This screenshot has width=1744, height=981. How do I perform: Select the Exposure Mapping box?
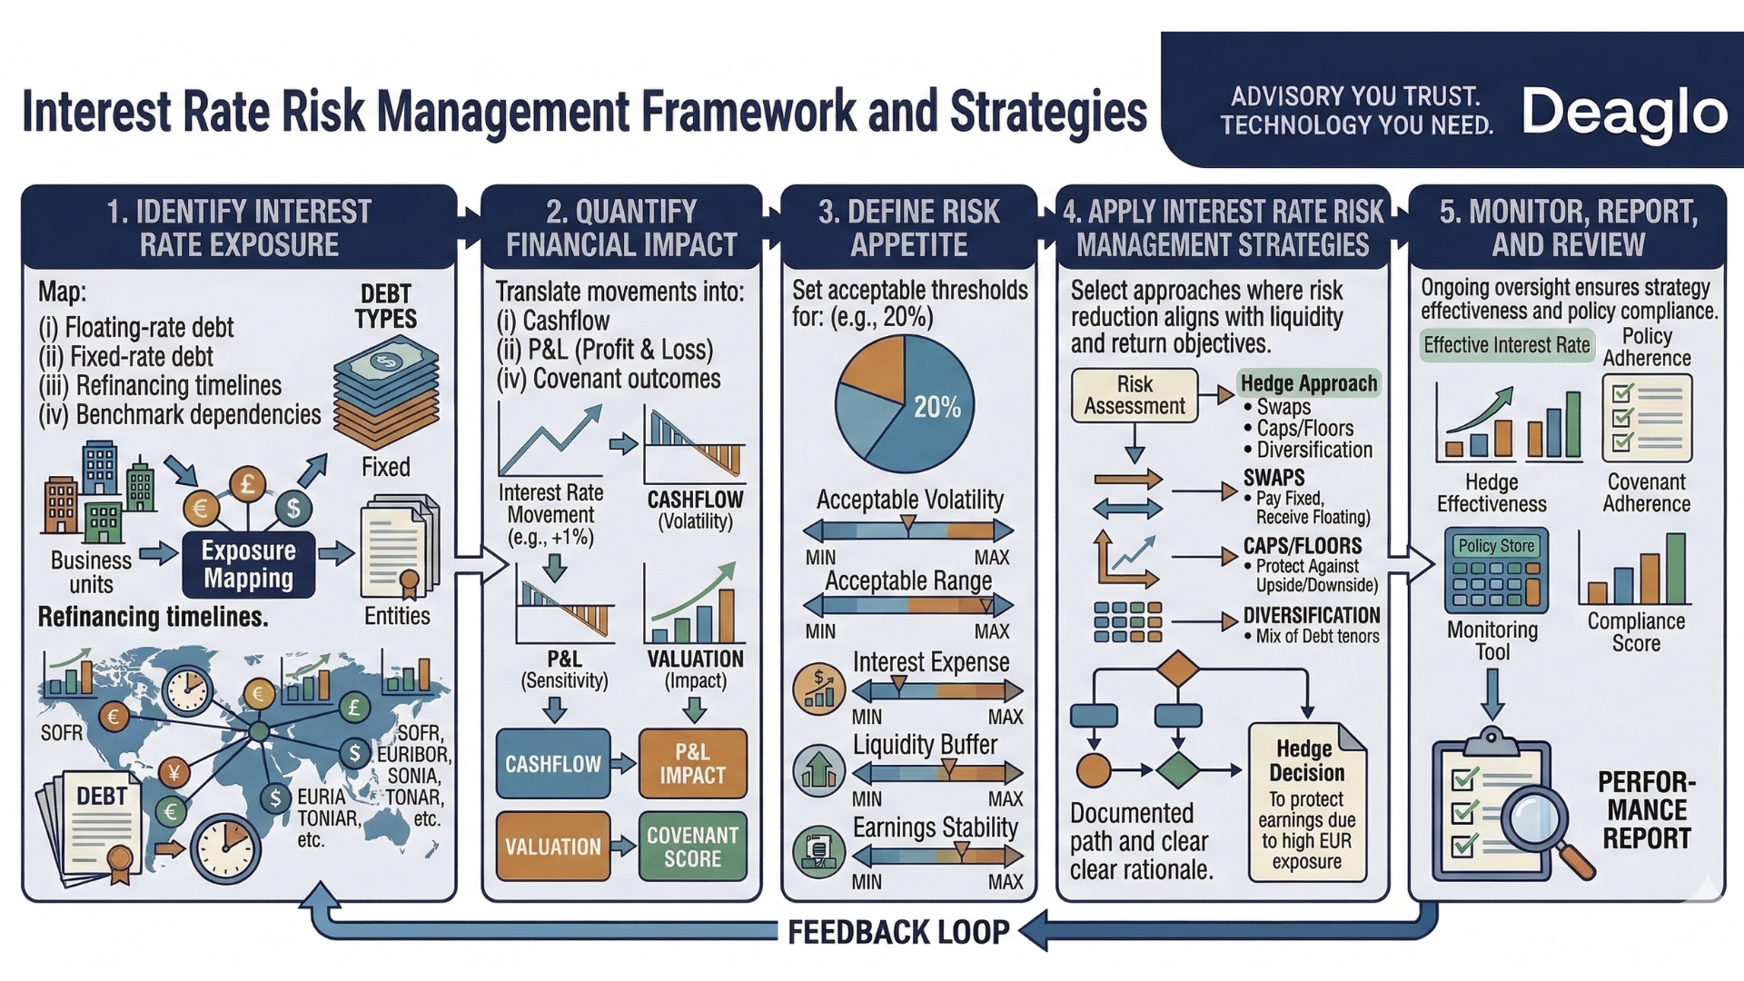[248, 564]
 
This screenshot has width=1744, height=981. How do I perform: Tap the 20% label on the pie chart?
[936, 407]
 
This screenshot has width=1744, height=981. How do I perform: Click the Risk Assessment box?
[1134, 395]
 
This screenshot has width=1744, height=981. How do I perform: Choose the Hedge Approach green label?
[1308, 383]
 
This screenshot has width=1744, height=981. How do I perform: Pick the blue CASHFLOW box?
[552, 764]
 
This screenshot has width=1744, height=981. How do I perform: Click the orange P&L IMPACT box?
[692, 764]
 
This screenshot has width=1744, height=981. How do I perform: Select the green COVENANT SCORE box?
[692, 847]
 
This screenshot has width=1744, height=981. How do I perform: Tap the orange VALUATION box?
[552, 847]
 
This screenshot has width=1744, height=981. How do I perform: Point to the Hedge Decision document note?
[1307, 803]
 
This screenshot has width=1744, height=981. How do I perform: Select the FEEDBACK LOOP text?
[897, 932]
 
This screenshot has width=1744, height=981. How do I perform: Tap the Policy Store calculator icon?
[1495, 570]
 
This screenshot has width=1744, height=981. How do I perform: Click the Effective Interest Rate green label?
[1506, 345]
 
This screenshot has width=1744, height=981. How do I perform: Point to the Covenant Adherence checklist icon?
[1646, 419]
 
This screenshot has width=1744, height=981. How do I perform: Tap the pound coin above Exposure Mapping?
[247, 483]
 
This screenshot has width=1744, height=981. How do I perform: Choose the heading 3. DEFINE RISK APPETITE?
[908, 227]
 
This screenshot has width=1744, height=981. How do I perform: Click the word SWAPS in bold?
[1273, 478]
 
